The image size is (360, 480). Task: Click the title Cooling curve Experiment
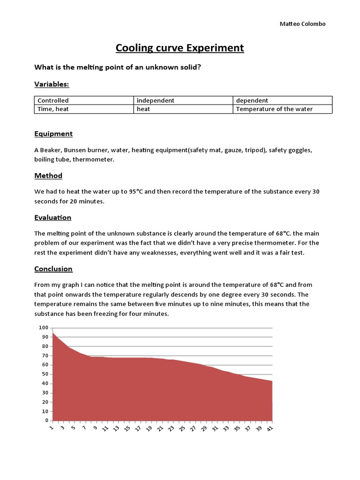(180, 48)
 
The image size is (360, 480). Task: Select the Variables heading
(52, 84)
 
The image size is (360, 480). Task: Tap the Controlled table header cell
(53, 100)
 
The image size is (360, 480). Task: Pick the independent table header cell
(156, 100)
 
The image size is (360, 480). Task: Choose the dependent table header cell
(252, 100)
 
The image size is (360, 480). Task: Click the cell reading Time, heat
(53, 109)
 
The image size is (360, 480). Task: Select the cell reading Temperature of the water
(274, 109)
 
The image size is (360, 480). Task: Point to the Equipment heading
(53, 134)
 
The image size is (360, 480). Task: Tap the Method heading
(48, 176)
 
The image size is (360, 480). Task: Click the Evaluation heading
(53, 217)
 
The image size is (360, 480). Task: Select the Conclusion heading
(53, 269)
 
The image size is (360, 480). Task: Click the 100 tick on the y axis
(43, 328)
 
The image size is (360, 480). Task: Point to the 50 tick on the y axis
(45, 374)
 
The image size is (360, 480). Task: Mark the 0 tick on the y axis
(46, 420)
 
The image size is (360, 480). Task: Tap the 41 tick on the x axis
(271, 428)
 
